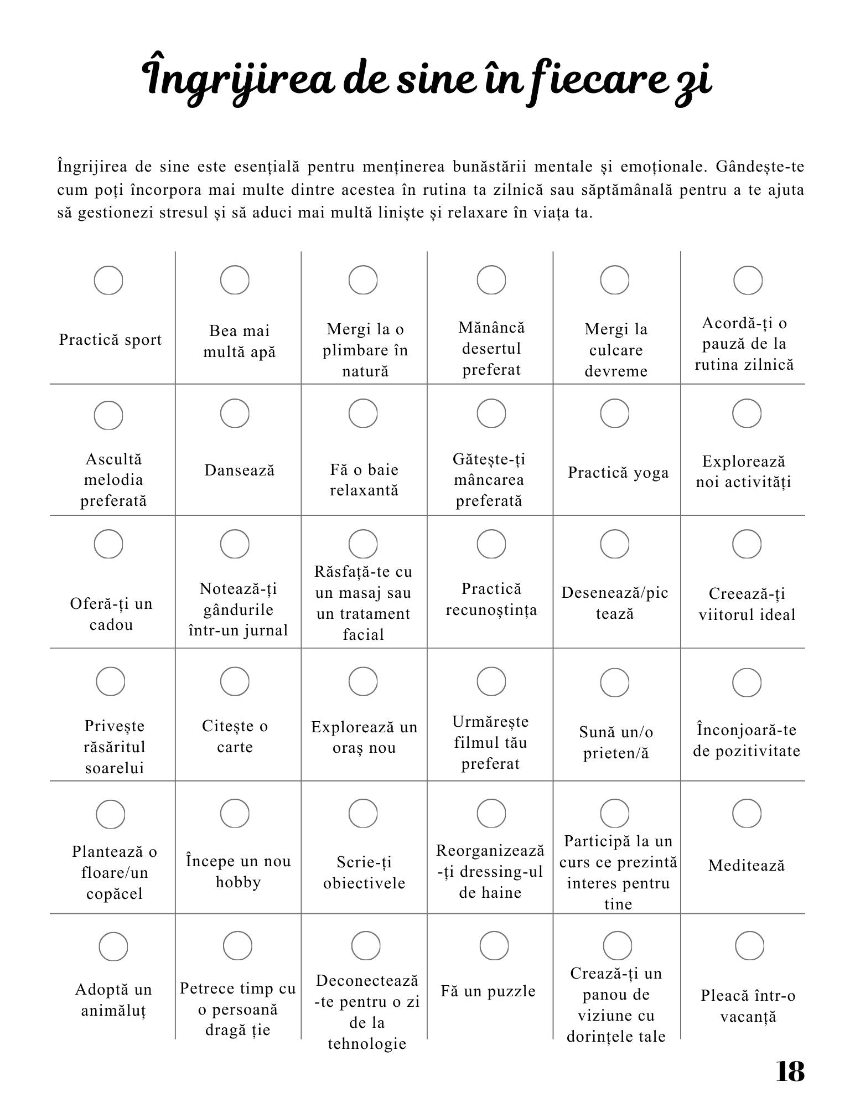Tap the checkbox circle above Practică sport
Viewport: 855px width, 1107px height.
(x=108, y=280)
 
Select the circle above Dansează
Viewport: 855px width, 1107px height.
(x=235, y=413)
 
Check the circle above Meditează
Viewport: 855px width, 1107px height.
(x=747, y=814)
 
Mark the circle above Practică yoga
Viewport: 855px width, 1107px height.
(x=615, y=413)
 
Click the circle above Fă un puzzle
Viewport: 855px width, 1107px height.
(x=494, y=945)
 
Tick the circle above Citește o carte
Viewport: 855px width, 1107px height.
(x=235, y=681)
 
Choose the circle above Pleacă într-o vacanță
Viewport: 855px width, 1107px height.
(x=749, y=945)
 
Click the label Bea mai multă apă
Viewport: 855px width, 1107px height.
(x=239, y=341)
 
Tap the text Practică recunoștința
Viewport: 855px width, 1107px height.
(x=491, y=599)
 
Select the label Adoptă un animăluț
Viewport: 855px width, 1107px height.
(x=113, y=1000)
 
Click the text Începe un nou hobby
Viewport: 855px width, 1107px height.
(x=239, y=871)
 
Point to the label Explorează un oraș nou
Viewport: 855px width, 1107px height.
(x=364, y=737)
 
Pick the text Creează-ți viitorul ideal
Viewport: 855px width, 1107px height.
(x=747, y=604)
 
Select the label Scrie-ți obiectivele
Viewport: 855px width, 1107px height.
(x=364, y=872)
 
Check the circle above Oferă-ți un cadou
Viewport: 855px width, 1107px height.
(x=108, y=544)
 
